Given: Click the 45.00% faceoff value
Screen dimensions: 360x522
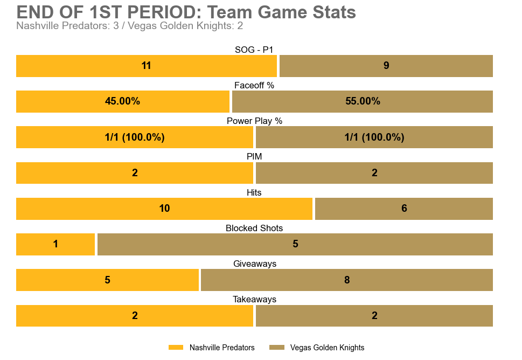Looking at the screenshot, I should pyautogui.click(x=122, y=101).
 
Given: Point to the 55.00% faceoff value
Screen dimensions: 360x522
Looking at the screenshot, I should pyautogui.click(x=363, y=101).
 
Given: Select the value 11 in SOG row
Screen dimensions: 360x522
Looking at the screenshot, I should pyautogui.click(x=146, y=66).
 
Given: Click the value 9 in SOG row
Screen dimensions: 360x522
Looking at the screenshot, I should pyautogui.click(x=386, y=66).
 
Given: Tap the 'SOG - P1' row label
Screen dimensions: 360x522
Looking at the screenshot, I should pyautogui.click(x=254, y=50).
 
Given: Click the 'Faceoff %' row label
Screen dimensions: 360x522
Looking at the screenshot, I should pyautogui.click(x=254, y=86).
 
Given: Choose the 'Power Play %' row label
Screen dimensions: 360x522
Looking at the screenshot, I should pyautogui.click(x=254, y=121).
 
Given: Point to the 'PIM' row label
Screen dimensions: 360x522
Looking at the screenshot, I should pyautogui.click(x=254, y=157).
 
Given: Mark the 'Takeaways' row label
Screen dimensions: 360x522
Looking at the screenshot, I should pyautogui.click(x=254, y=300).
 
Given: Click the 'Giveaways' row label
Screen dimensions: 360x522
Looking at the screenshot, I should pyautogui.click(x=254, y=264).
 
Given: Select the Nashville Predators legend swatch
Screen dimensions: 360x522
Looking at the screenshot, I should pyautogui.click(x=176, y=348).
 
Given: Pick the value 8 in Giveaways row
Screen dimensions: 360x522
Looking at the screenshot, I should pyautogui.click(x=347, y=280).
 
